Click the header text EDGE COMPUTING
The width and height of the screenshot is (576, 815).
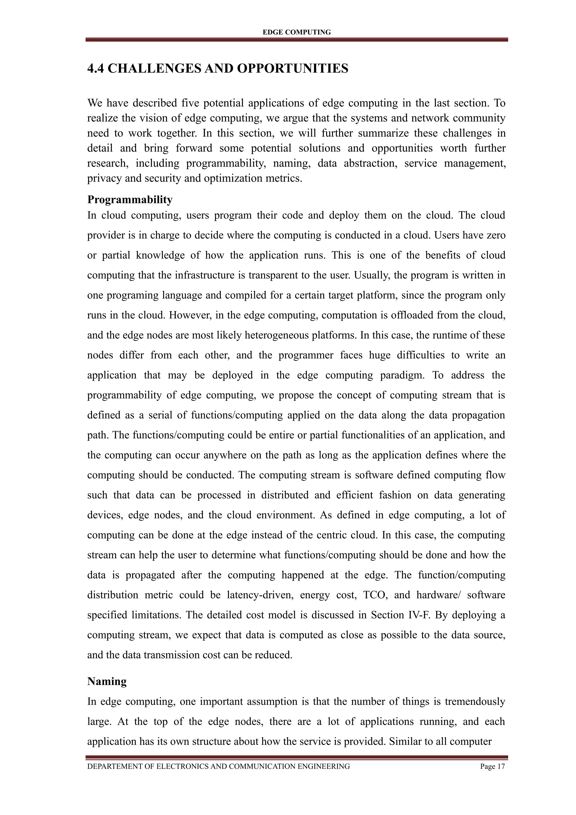(x=296, y=32)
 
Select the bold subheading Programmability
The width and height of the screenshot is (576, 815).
(x=130, y=200)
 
